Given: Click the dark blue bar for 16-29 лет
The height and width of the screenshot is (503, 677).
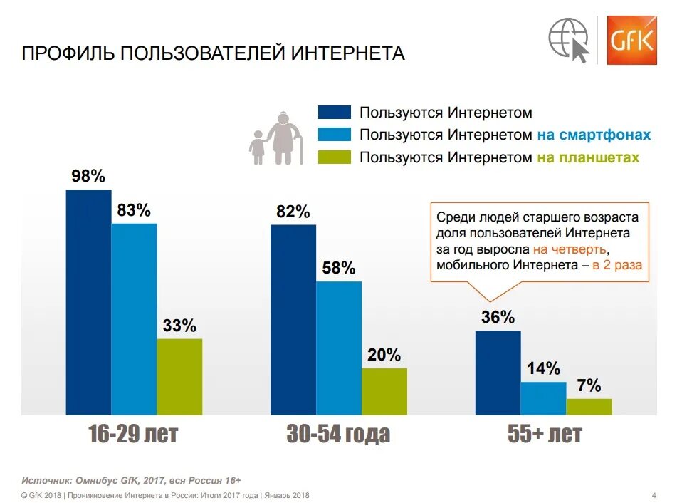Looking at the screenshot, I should coord(88,302).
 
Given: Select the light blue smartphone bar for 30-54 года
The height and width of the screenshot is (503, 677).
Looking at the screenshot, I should coord(339,348).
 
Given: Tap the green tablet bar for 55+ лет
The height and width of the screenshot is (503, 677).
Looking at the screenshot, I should coord(589,406).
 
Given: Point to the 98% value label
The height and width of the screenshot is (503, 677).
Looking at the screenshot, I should coord(88,176).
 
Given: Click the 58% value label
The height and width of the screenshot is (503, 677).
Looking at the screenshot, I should coord(338,269).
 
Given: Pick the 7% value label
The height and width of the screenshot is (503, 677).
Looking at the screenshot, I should coord(589,386).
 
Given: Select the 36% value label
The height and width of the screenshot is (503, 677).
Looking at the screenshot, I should coord(498,317).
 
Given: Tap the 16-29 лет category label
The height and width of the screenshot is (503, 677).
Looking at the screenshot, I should coord(133,434).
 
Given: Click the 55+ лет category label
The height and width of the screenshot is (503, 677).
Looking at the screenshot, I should coord(545,434).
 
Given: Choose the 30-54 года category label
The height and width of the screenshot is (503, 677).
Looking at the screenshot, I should coord(338,434).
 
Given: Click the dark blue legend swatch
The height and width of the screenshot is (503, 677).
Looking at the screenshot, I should coord(335,112).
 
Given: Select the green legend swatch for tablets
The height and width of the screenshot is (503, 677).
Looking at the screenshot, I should coord(335,157).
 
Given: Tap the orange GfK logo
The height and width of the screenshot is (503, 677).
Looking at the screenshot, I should coord(631,39).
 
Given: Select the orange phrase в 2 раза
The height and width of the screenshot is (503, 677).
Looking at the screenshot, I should coord(616,265).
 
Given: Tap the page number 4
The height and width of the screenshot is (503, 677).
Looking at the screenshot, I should coord(654,495).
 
